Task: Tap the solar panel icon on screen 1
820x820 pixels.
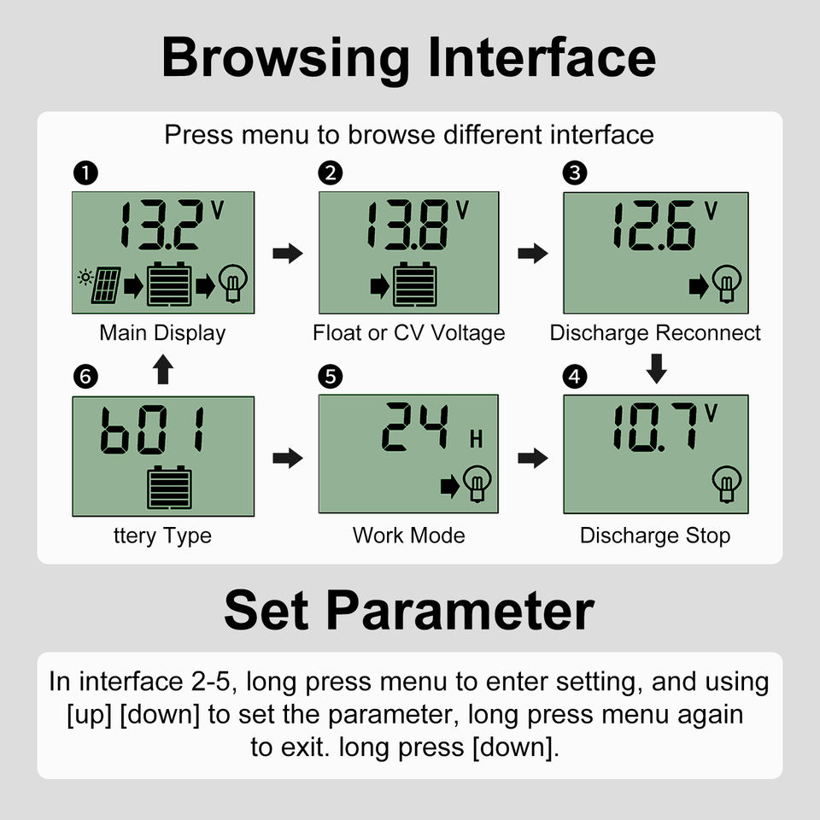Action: tap(106, 285)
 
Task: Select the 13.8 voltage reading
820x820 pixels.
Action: tap(407, 224)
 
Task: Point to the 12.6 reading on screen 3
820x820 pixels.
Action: tap(653, 225)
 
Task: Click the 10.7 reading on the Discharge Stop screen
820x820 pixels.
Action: tap(655, 427)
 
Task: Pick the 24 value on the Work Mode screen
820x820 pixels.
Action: tap(415, 427)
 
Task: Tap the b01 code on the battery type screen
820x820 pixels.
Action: tap(152, 430)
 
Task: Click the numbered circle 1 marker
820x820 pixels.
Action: tap(85, 173)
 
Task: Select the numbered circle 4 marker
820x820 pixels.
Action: tap(575, 377)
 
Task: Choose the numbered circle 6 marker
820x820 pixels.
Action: tap(85, 377)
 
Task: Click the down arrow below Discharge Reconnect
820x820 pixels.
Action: tap(656, 369)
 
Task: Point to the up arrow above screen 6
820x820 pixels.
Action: tap(162, 369)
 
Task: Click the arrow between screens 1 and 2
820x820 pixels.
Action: tap(288, 254)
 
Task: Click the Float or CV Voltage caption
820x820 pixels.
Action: tap(409, 333)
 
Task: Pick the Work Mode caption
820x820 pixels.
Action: tap(409, 536)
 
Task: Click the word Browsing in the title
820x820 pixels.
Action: tap(286, 59)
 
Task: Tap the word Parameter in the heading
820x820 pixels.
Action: tap(460, 611)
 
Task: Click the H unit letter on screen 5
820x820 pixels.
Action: tap(476, 439)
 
